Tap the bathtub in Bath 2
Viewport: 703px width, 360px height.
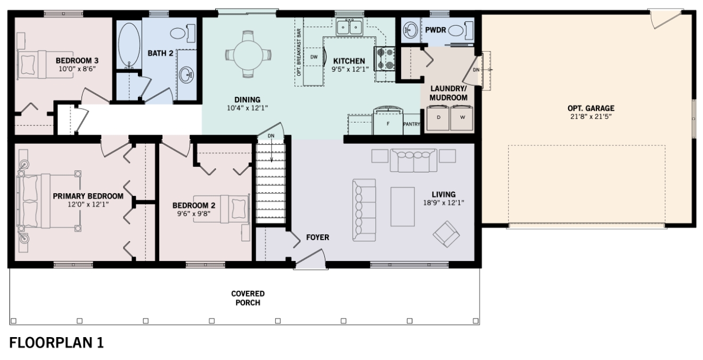(129, 44)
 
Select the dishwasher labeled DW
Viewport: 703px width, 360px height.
(314, 57)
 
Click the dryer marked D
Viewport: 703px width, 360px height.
(438, 118)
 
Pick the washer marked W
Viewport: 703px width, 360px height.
(462, 118)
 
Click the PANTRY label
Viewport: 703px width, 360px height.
(412, 124)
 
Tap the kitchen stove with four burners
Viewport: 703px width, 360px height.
(385, 59)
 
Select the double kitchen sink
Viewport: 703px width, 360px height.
(349, 27)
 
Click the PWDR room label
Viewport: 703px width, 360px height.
(435, 30)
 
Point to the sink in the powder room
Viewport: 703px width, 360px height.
(410, 30)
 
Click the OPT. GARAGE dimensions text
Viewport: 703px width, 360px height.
(591, 117)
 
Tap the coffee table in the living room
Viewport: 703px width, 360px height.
(402, 207)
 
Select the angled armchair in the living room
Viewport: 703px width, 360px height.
(446, 234)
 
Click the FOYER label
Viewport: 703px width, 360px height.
(317, 238)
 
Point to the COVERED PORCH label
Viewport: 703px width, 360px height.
(248, 298)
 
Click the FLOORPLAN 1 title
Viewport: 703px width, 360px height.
(56, 343)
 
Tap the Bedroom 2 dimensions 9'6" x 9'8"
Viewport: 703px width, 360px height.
(194, 214)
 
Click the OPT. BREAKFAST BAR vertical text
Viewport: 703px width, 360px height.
(299, 52)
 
